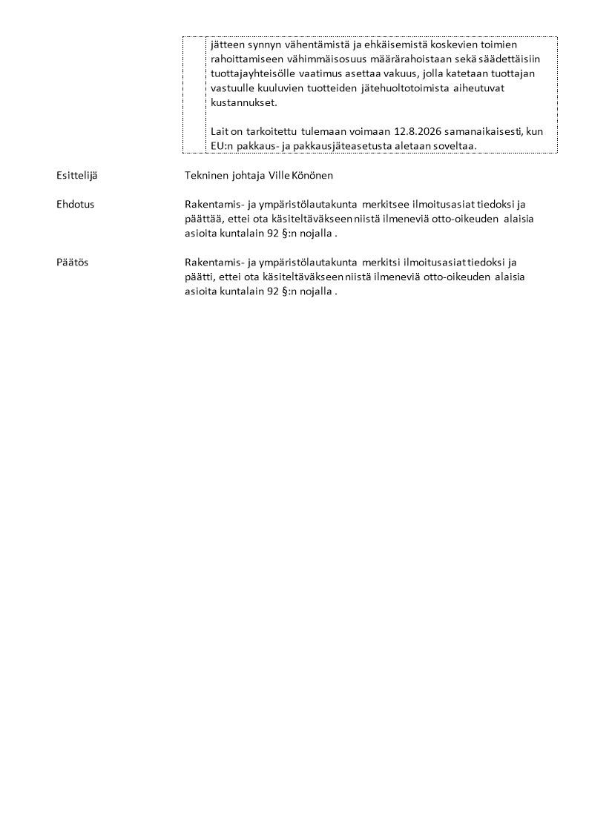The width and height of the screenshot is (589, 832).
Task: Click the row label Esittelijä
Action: click(x=76, y=176)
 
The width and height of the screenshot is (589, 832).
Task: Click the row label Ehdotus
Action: click(x=75, y=204)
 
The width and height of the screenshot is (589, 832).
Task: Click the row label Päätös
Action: click(x=72, y=262)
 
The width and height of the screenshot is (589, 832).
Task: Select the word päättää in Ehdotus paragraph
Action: click(x=202, y=218)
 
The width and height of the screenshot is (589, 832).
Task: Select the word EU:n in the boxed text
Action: click(x=221, y=146)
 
